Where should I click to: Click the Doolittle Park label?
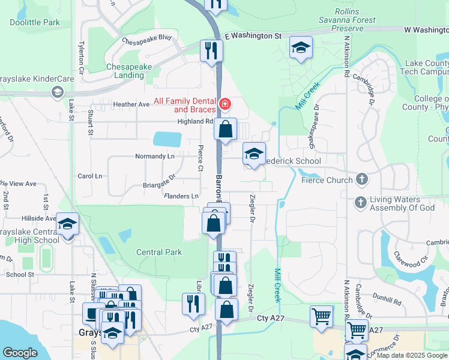point(35,22)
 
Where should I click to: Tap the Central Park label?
point(159,252)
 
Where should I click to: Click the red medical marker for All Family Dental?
point(225,104)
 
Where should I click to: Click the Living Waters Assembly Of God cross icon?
point(361,202)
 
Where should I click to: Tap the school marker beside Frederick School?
point(254,154)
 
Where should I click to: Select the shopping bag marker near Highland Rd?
point(225,129)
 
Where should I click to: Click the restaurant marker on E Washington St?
point(211,50)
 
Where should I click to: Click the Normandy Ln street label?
point(154,156)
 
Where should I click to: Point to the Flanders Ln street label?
point(181,196)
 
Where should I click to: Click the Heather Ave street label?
point(131,104)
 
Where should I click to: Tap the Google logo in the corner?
point(20,353)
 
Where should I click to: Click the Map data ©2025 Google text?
point(411,356)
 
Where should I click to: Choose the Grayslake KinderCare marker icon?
point(58,92)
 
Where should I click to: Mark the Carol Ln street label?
point(90,176)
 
